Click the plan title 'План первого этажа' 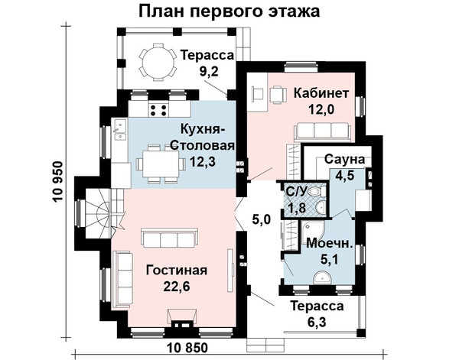click(229, 11)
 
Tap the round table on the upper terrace click(158, 61)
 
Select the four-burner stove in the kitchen click(158, 110)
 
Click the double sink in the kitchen click(119, 129)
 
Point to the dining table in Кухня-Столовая click(161, 164)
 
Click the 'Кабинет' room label click(321, 93)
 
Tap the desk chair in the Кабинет click(276, 95)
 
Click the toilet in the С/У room click(317, 192)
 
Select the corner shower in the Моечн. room click(313, 231)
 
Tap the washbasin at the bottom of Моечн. click(322, 277)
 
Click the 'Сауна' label click(344, 160)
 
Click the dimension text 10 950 click(58, 182)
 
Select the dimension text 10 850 click(187, 348)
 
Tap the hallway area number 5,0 click(262, 219)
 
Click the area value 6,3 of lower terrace click(317, 323)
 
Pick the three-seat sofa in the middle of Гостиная click(170, 238)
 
